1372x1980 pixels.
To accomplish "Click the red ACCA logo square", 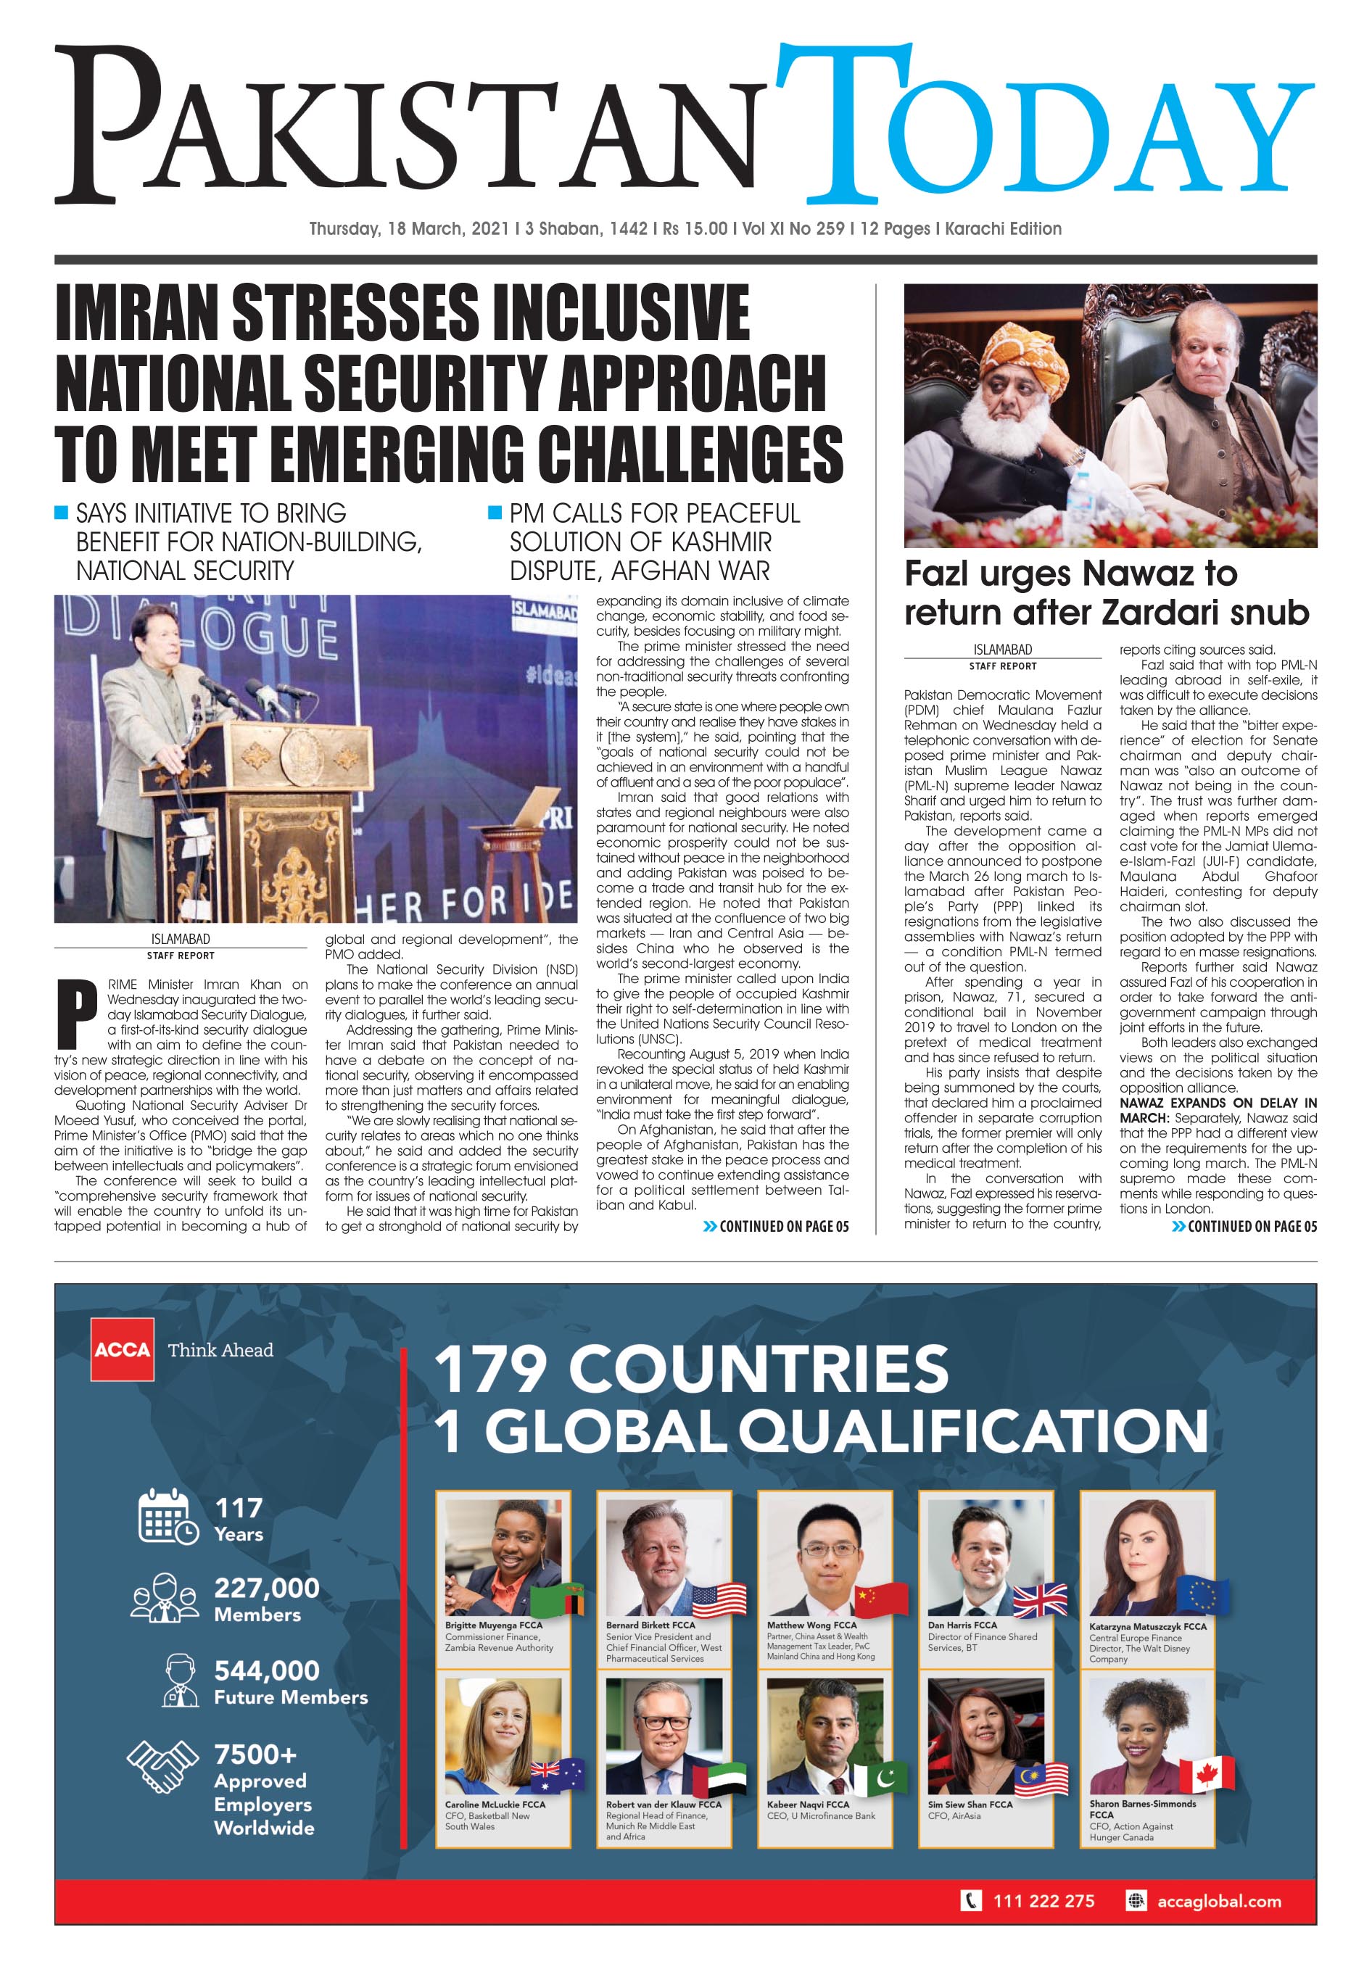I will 122,1349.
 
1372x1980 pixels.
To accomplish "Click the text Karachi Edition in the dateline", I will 1002,228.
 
